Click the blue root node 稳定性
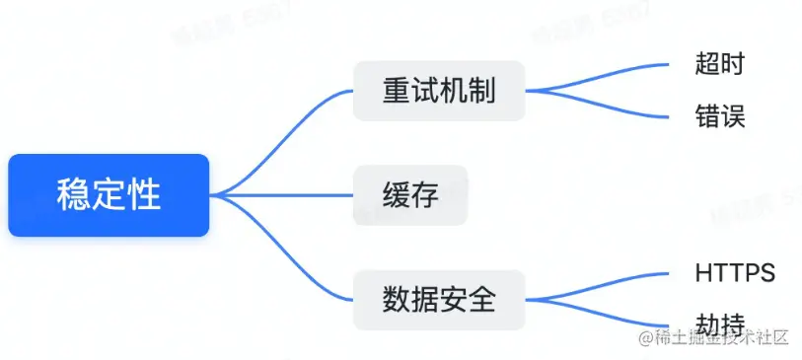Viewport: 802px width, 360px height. (109, 194)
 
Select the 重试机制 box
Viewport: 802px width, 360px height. (438, 92)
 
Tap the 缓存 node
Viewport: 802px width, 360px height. (410, 194)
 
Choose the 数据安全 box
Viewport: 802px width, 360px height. (438, 298)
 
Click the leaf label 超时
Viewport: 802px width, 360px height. (719, 65)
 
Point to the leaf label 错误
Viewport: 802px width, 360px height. (719, 117)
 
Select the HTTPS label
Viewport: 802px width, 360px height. (735, 272)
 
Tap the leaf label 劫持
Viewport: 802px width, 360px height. (719, 324)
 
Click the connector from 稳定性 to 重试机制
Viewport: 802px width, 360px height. (286, 128)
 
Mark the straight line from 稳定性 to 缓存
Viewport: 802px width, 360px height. (286, 194)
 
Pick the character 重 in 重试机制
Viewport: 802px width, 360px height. (396, 92)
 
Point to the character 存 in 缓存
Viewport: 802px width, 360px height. (425, 194)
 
